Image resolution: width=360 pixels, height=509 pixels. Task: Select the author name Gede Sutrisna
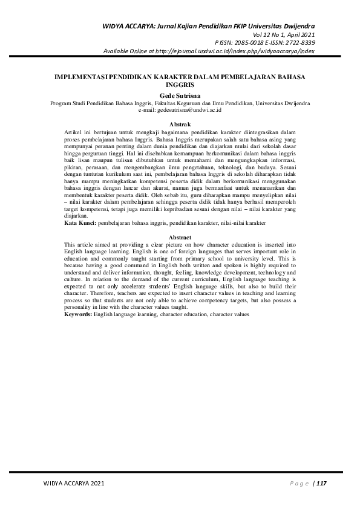[180, 96]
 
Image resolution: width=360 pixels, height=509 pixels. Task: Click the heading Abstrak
[180, 124]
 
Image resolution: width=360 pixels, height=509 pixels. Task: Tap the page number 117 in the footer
[321, 483]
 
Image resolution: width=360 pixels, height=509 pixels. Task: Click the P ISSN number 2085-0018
[248, 43]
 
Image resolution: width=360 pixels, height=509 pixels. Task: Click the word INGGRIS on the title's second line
[180, 86]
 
